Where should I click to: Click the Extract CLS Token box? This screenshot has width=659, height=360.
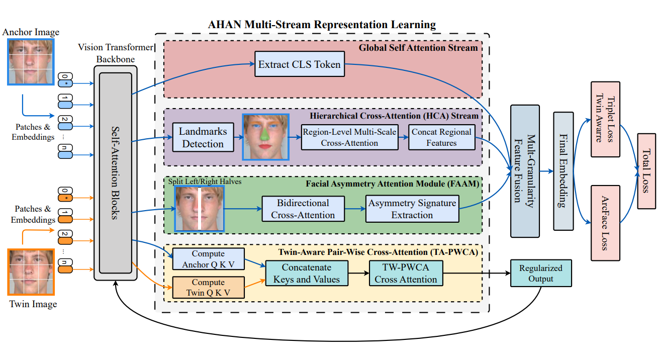click(300, 64)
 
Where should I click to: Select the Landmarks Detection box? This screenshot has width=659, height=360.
click(203, 138)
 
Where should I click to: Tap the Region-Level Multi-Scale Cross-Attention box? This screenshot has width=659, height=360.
click(349, 137)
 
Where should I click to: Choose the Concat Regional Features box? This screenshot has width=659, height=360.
click(441, 137)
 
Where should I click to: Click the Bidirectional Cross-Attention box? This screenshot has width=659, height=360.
click(303, 209)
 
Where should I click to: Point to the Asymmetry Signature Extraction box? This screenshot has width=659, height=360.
click(412, 209)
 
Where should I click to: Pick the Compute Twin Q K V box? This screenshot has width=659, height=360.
click(208, 288)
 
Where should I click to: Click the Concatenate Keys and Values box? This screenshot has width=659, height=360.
click(307, 274)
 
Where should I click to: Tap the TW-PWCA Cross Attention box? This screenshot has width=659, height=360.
click(406, 274)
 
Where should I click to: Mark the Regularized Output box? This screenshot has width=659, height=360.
click(541, 274)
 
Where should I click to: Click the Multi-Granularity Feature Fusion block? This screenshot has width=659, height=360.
click(525, 171)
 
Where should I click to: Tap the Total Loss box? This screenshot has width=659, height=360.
click(645, 171)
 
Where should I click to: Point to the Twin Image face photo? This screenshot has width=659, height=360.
click(31, 272)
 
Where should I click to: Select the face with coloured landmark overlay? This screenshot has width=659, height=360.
click(266, 137)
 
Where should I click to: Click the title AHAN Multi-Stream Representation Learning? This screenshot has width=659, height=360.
click(322, 24)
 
